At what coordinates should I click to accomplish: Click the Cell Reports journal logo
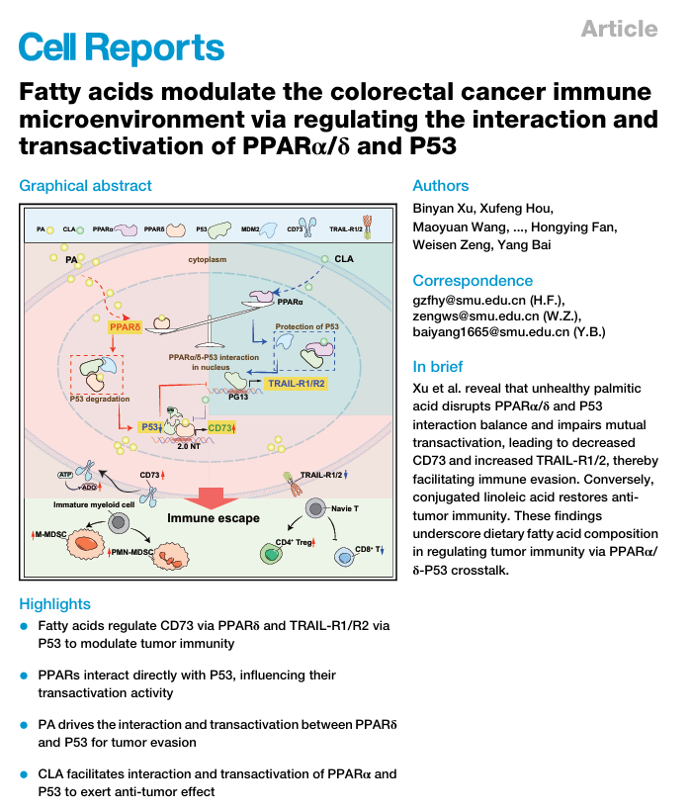pos(122,46)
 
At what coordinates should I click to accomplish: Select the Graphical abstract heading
pos(86,185)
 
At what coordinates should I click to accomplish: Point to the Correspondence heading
pos(473,280)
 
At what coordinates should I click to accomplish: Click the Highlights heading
pos(55,603)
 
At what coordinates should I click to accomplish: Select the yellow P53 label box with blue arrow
pos(152,426)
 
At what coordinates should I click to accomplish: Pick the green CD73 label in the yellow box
pos(220,427)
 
